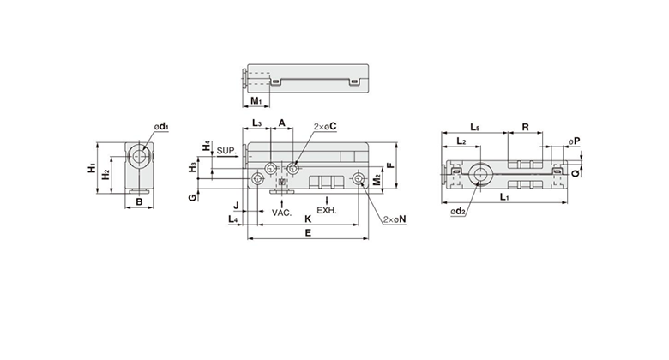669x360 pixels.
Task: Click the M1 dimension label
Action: (256, 101)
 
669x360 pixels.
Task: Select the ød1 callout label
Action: (162, 127)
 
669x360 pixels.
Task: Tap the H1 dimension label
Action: (92, 168)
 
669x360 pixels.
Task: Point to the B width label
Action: (139, 201)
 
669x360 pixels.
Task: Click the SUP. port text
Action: (226, 151)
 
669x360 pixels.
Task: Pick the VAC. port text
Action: (282, 213)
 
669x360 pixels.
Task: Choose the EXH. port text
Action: (327, 210)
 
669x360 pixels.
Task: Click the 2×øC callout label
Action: (325, 126)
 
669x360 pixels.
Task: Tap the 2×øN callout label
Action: (395, 219)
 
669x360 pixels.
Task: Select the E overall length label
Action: (308, 232)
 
